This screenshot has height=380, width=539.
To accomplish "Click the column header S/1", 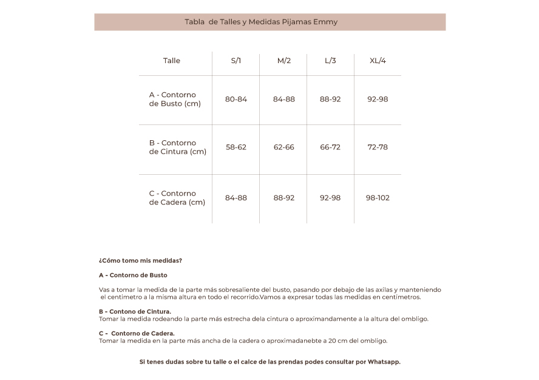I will click(x=236, y=61).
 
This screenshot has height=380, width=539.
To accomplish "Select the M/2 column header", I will click(x=283, y=61).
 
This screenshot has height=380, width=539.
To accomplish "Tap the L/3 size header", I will click(x=330, y=61).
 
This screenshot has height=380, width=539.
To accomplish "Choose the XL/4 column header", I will click(x=378, y=61).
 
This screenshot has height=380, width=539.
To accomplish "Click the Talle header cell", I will click(x=172, y=61).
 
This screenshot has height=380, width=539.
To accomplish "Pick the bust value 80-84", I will click(x=236, y=99).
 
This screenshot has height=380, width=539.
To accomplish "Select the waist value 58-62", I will click(x=236, y=147).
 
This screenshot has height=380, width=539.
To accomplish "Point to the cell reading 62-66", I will click(x=283, y=147).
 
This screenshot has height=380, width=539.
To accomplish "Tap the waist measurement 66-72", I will click(x=330, y=147).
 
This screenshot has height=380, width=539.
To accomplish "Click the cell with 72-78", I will click(x=378, y=147).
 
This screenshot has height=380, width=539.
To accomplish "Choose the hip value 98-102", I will click(x=378, y=198).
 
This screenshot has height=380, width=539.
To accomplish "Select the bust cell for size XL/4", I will click(x=378, y=99).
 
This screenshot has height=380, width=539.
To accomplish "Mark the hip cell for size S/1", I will click(x=236, y=198).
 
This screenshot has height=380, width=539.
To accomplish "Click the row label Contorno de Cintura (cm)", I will click(x=177, y=148).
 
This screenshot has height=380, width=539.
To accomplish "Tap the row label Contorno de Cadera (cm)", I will click(x=177, y=198).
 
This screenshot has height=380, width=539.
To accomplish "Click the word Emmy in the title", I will click(x=325, y=22).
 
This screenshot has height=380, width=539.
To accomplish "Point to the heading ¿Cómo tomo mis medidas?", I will click(x=140, y=260).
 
